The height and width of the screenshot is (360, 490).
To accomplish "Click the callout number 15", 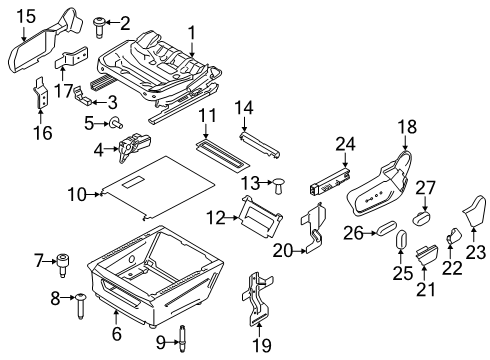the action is point(26,16).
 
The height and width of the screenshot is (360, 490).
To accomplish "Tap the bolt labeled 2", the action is point(98,27).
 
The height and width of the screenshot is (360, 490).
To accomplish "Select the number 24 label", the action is point(346,144).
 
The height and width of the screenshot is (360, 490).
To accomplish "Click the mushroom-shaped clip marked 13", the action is point(279,186).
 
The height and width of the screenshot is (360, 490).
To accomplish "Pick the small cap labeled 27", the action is point(422,217).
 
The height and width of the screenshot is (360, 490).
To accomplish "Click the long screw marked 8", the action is point(80,306).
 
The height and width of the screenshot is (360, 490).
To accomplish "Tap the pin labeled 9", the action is point(182,338).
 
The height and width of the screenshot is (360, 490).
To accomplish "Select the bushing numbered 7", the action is point(63,265).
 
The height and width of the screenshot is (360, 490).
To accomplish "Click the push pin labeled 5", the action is point(115,123).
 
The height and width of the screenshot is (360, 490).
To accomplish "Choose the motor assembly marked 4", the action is point(134,146).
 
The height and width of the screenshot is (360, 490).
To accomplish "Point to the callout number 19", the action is point(262,345).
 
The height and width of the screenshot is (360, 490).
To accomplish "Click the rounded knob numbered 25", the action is point(401,239).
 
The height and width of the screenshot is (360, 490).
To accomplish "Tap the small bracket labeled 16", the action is point(41,93).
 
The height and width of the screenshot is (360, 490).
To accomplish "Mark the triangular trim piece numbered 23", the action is point(474,210).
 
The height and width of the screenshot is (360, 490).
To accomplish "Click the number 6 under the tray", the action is point(116,334).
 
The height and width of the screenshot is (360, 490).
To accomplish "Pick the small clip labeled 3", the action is point(83,96).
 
